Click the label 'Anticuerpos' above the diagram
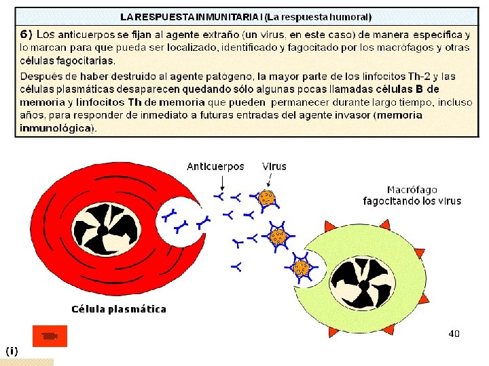pos(215,166)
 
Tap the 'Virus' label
pos(274,166)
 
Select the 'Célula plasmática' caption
pos(119,309)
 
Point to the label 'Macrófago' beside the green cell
pos(412,190)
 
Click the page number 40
pos(454,333)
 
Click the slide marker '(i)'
pos(12,350)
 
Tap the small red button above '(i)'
pos(50,336)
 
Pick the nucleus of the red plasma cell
pos(103,228)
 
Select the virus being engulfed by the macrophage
pos(302,268)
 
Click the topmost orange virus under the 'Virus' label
pos(268,198)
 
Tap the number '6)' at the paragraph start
pos(26,34)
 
